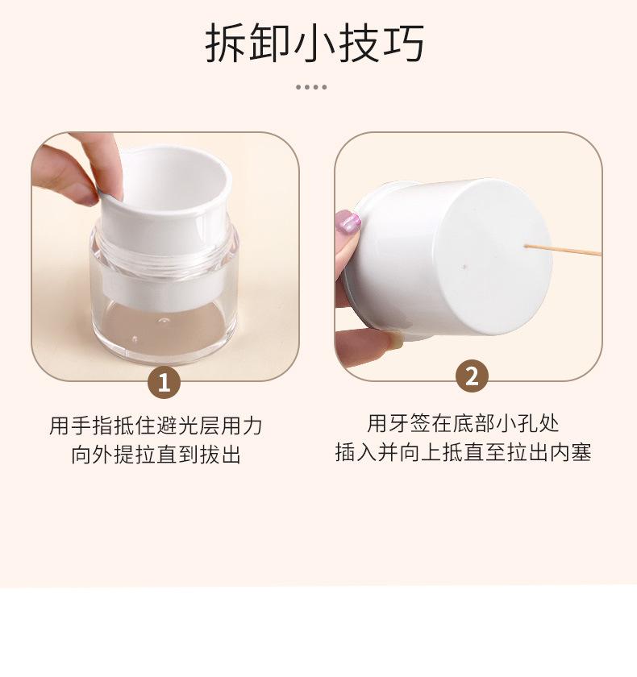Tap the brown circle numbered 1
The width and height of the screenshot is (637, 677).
(x=164, y=383)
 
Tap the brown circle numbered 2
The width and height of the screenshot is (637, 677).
(x=472, y=376)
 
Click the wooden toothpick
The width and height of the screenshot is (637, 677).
(x=563, y=250)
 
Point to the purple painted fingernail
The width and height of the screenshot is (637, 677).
(x=348, y=221)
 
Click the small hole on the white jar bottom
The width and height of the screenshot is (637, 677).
(x=464, y=267)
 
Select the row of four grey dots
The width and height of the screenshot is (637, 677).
(x=311, y=87)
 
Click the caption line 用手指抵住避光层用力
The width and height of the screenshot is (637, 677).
(x=156, y=426)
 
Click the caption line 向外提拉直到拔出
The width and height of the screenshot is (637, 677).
(x=156, y=455)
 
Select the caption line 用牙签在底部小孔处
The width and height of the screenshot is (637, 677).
(x=463, y=423)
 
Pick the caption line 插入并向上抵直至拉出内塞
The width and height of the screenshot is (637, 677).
(x=463, y=452)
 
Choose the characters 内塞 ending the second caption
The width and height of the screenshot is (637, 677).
(x=570, y=452)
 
